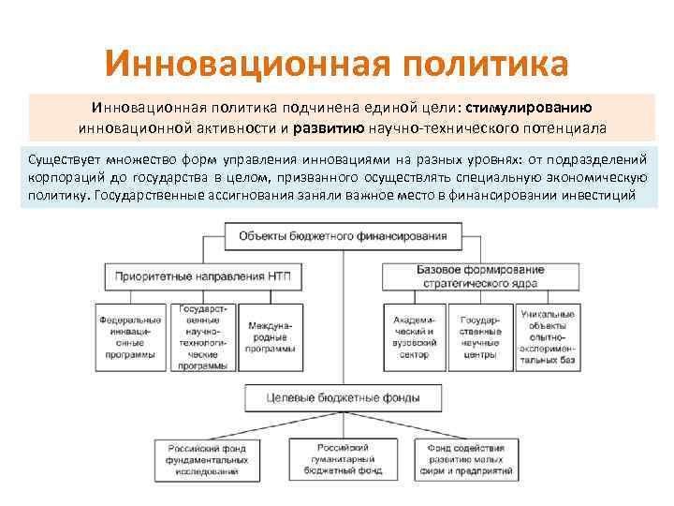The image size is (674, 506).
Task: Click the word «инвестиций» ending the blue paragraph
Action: point(606,195)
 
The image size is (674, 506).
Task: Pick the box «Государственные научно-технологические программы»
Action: point(204,335)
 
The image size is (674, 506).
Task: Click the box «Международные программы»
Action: point(270,335)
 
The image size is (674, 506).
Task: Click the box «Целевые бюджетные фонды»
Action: point(344,398)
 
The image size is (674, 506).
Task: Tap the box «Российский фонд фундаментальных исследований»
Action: point(209,460)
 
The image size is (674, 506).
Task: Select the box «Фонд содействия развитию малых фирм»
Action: point(465,460)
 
